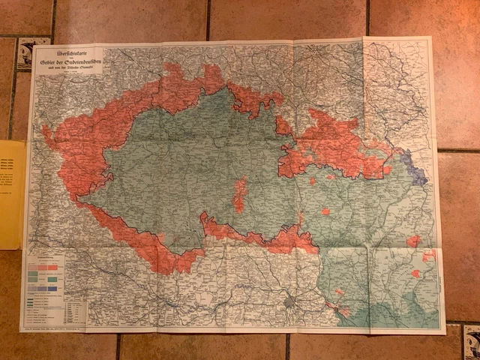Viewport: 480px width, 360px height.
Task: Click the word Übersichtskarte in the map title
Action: point(62,52)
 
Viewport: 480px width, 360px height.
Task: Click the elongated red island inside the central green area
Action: point(240,195)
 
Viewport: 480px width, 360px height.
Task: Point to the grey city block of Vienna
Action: point(290,304)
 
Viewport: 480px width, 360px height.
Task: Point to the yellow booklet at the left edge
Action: point(11,195)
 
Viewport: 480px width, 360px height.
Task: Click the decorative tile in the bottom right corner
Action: point(471,342)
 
